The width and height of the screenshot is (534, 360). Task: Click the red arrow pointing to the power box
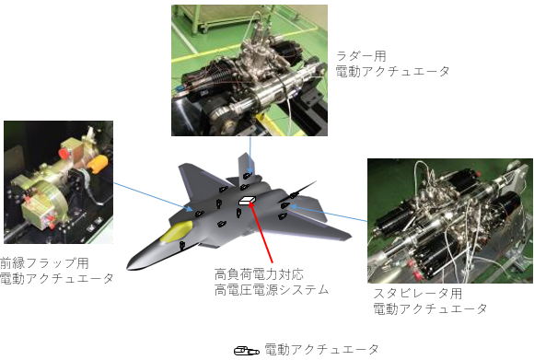tap(261, 232)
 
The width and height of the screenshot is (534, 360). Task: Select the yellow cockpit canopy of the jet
tap(177, 231)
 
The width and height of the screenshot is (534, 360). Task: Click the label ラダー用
tap(361, 56)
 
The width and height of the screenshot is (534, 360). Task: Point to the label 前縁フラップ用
tap(44, 263)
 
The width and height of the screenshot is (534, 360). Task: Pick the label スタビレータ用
tap(417, 294)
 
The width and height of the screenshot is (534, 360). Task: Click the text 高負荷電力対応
tap(259, 274)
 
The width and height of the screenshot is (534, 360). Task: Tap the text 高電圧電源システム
tap(272, 290)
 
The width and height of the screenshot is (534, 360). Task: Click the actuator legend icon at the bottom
tap(247, 351)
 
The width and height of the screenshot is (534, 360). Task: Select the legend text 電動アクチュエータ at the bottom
tap(322, 350)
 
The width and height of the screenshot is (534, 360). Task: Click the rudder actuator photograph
tap(250, 71)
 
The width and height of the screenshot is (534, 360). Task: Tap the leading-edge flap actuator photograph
tap(58, 182)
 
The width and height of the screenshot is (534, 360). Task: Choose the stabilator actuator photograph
tap(450, 221)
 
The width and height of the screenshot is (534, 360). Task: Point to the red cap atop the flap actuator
tap(63, 153)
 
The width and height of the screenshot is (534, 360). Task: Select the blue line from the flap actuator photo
tap(153, 197)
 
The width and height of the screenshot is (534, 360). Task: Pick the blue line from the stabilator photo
tap(329, 214)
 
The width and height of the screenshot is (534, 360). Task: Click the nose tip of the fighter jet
tap(128, 268)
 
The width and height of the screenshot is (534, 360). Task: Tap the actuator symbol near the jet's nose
tap(182, 245)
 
